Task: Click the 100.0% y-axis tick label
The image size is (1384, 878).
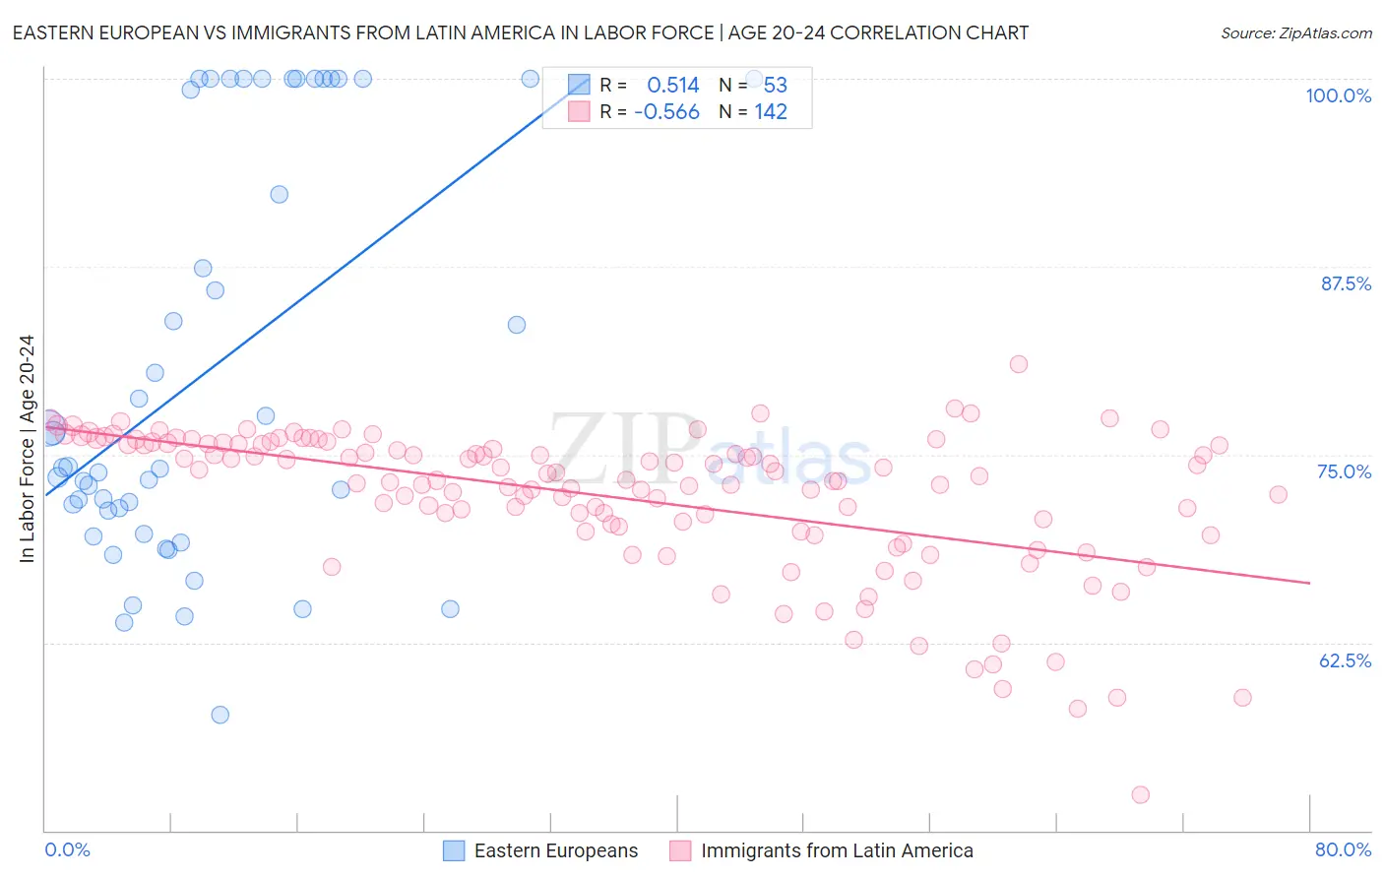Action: tap(1338, 95)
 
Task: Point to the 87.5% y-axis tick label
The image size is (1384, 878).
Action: tap(1346, 283)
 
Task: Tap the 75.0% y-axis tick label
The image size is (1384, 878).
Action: tap(1344, 471)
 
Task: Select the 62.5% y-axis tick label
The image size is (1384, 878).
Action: tap(1345, 660)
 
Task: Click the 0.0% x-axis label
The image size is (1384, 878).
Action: tap(67, 849)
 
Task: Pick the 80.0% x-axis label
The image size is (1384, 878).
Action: tap(1343, 849)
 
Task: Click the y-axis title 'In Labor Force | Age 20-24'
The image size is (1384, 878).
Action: tap(27, 449)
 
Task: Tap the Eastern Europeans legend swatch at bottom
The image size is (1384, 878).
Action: tap(454, 850)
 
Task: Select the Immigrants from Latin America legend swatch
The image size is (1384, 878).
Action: tap(680, 850)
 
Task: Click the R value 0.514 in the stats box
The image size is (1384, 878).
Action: tap(672, 86)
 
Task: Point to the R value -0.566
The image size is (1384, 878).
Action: tap(666, 112)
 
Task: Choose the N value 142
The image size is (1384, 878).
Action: tap(771, 112)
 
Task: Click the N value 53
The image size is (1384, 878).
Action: tap(775, 86)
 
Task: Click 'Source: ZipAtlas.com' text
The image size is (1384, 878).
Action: tap(1295, 33)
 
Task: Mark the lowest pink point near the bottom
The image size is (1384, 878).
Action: tap(1140, 794)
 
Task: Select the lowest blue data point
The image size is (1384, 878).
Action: tap(220, 715)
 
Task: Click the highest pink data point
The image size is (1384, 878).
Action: tap(1019, 364)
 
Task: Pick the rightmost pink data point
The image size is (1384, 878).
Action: tap(1278, 494)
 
